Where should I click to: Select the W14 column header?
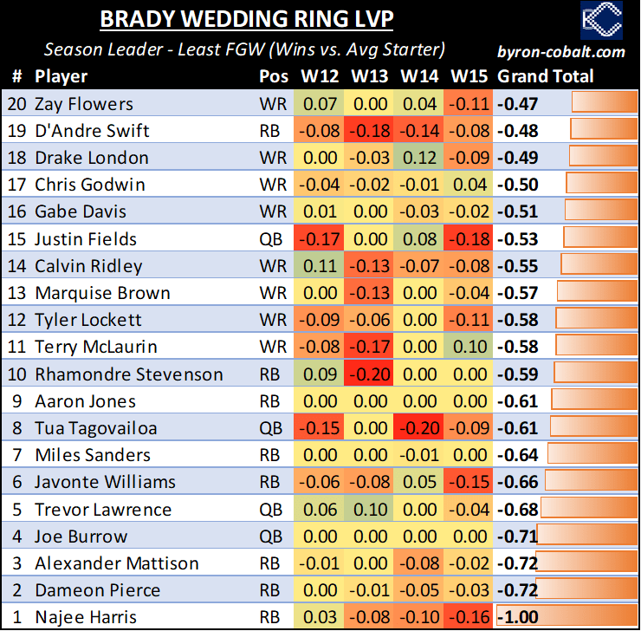pos(419,76)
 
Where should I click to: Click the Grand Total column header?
pos(546,76)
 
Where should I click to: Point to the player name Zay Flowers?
pos(84,104)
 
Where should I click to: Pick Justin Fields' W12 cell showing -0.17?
pos(320,238)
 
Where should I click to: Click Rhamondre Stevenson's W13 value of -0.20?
pos(370,374)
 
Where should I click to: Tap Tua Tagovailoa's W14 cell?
pos(419,428)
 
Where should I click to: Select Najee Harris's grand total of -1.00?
pos(518,617)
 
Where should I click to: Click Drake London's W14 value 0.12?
pos(419,158)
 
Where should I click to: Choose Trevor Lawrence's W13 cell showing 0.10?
pos(370,509)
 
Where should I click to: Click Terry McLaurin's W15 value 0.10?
pos(469,347)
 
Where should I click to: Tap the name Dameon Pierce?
pos(97,590)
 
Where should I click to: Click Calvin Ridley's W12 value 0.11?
pos(320,266)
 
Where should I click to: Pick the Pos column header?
pos(274,76)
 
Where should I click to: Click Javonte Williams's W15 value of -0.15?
pos(469,482)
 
